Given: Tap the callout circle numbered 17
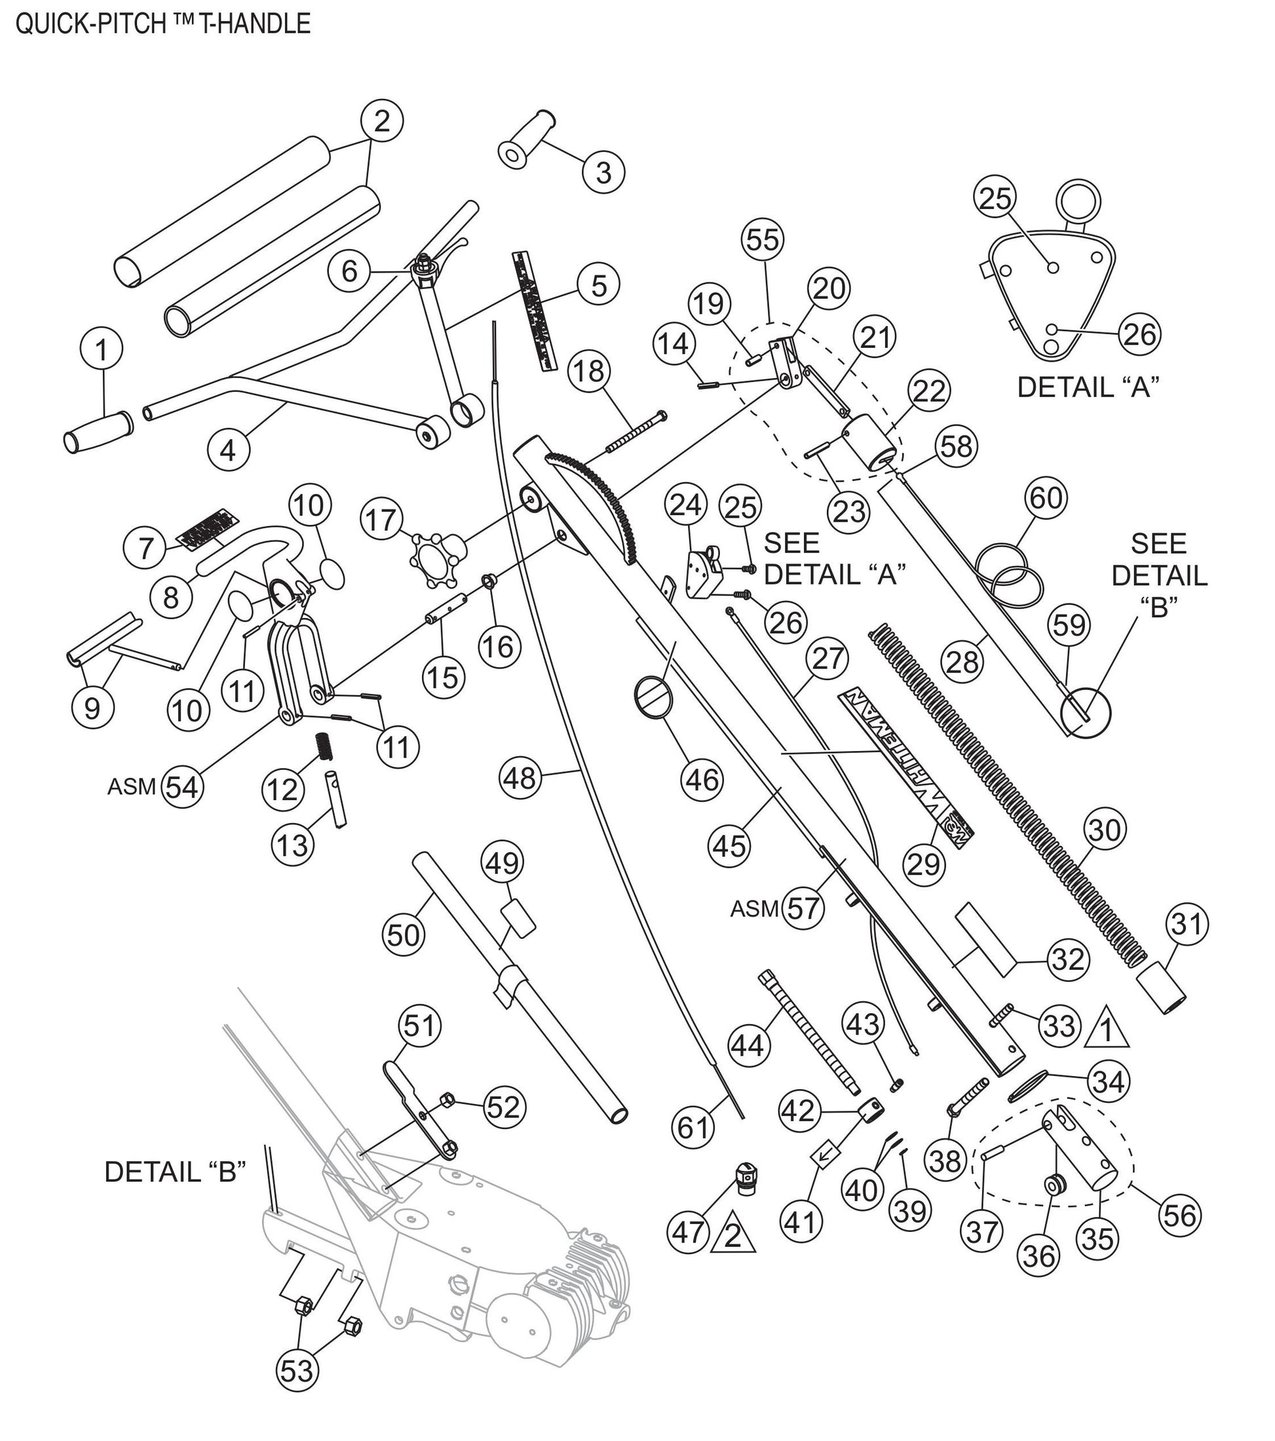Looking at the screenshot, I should [382, 520].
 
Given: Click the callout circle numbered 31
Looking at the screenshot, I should [1187, 923].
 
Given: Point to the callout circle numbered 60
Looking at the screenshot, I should [1046, 498].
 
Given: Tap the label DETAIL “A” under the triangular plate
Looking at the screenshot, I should [1088, 387].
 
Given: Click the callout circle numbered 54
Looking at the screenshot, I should [182, 787].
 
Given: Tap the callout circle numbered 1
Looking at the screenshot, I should [102, 349].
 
